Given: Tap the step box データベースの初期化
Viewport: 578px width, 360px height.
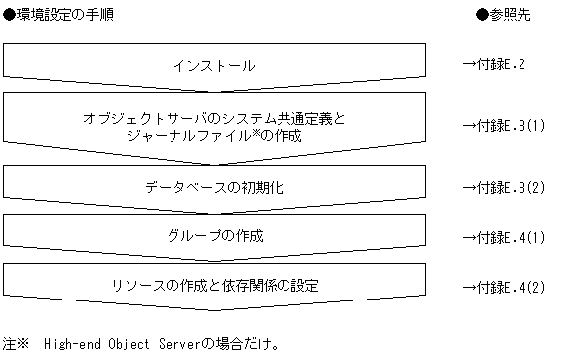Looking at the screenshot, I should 214,186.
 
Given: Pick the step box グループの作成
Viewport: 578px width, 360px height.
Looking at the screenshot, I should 214,237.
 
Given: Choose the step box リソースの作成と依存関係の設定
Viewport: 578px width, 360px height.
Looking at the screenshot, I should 214,286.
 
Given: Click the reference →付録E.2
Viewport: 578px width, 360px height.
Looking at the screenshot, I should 497,65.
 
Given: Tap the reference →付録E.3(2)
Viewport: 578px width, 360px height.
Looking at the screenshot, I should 505,186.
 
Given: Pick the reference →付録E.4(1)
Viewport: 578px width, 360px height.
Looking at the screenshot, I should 505,237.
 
